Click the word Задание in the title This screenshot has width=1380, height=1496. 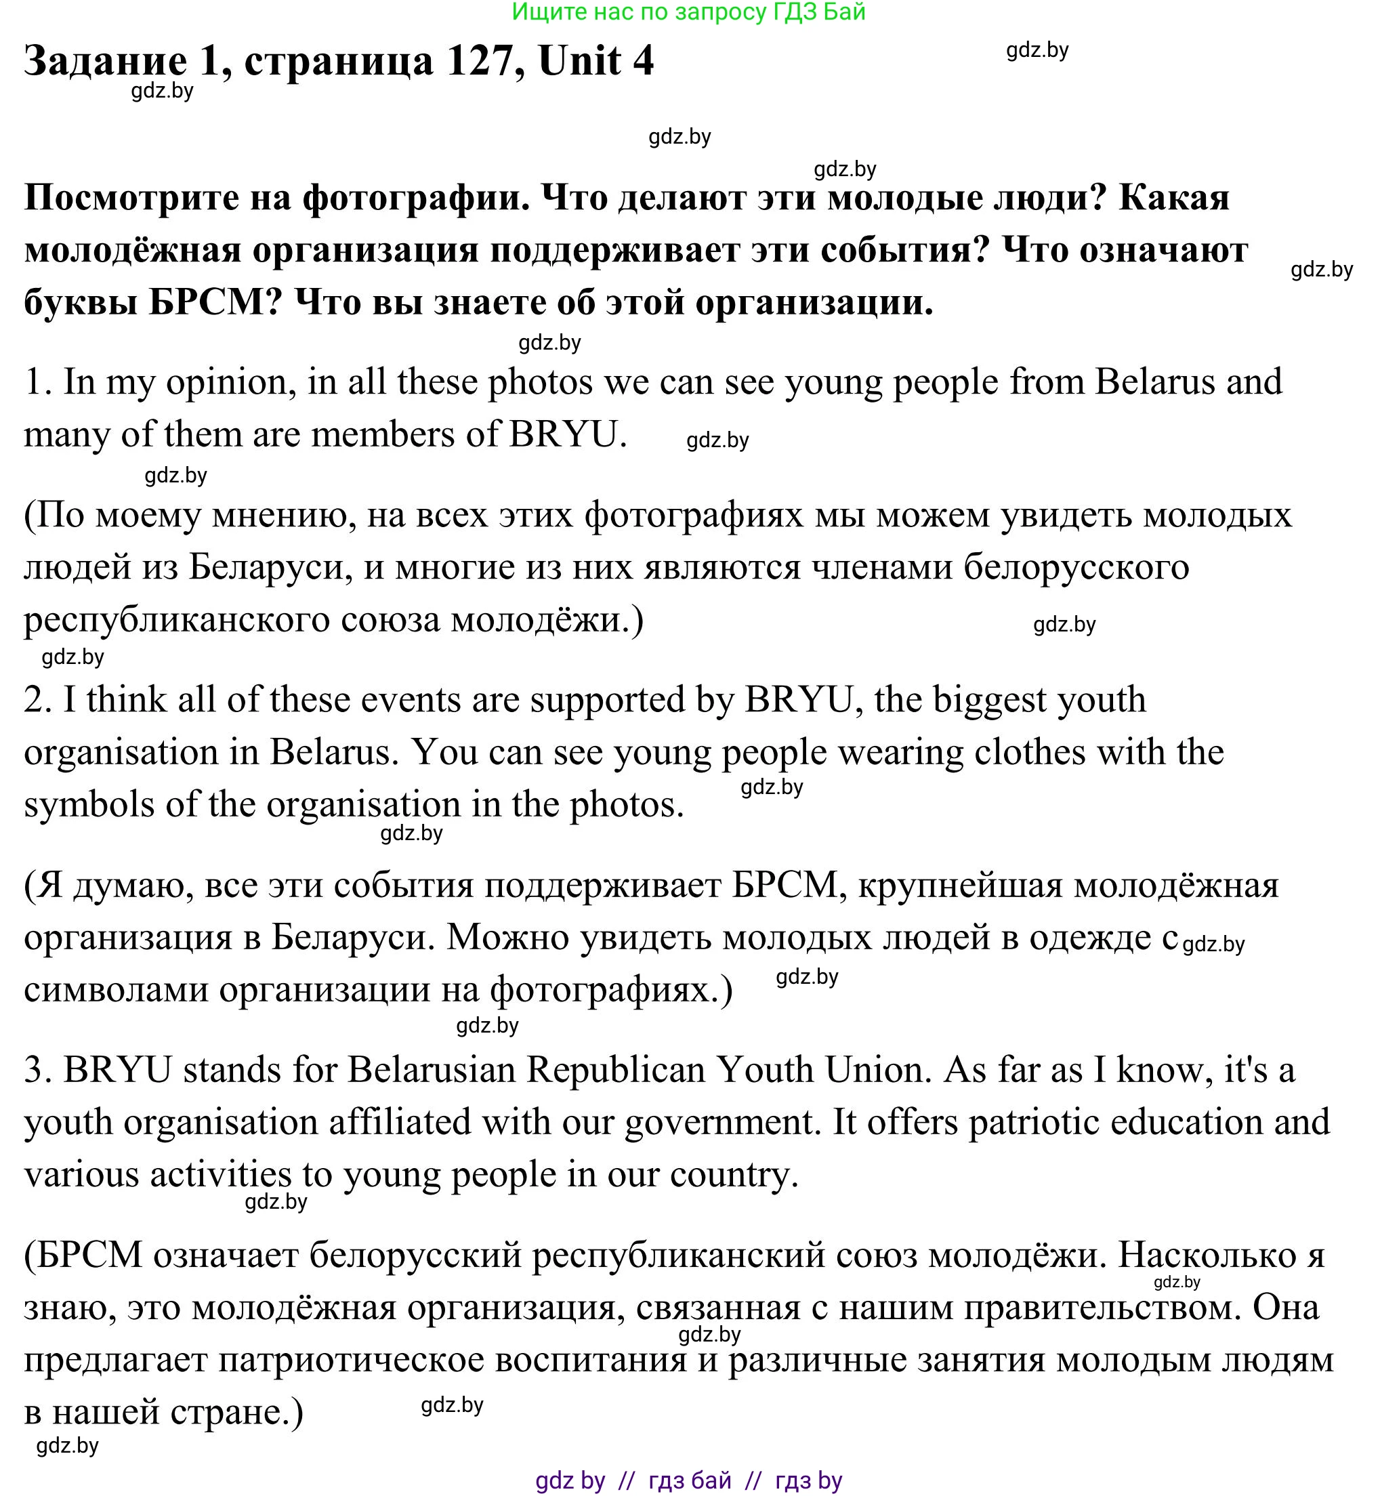point(105,62)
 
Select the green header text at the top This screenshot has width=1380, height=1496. point(688,12)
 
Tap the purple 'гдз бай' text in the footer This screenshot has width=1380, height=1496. point(689,1480)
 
